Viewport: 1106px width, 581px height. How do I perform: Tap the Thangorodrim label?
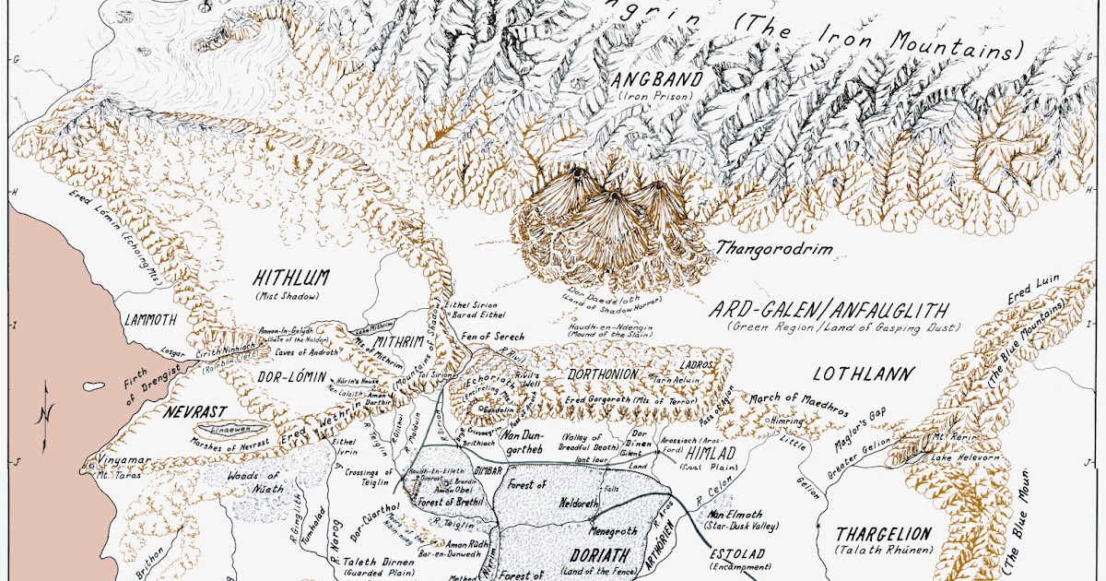[x=761, y=249]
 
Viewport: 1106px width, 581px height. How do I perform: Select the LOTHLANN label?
[x=863, y=373]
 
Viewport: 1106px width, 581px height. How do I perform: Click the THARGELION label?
[x=883, y=534]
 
